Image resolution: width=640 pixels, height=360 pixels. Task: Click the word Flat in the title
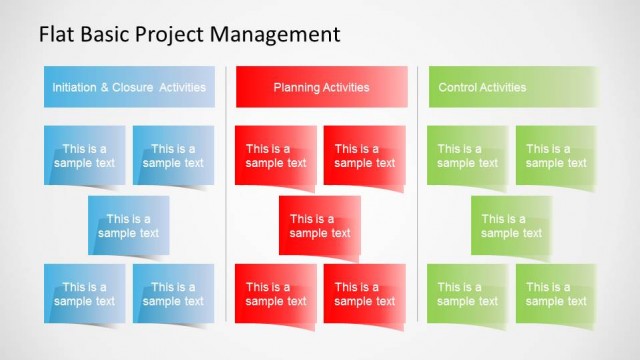click(56, 34)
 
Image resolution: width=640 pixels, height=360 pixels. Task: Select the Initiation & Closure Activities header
click(129, 87)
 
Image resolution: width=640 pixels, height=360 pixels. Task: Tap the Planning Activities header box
click(322, 87)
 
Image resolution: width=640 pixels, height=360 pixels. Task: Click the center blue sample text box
click(129, 226)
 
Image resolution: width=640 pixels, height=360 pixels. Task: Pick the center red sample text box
click(320, 226)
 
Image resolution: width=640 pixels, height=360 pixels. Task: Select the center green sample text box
click(511, 226)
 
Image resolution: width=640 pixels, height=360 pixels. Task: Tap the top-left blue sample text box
click(85, 156)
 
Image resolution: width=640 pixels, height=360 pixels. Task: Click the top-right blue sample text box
click(173, 156)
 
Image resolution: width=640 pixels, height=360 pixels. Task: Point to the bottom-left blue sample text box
click(85, 294)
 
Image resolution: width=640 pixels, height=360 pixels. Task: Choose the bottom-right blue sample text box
click(173, 294)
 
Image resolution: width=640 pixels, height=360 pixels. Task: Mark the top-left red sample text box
click(276, 156)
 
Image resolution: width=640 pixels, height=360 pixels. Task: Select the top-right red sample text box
click(364, 156)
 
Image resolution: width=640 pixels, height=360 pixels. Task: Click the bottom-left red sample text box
click(276, 294)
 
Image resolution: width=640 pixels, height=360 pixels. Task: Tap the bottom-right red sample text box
click(364, 294)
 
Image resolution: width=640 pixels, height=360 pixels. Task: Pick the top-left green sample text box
click(467, 156)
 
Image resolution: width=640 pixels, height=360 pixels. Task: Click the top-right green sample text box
click(556, 156)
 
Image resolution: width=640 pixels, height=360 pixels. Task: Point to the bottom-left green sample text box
click(467, 294)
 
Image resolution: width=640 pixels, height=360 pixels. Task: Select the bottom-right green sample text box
click(556, 294)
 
